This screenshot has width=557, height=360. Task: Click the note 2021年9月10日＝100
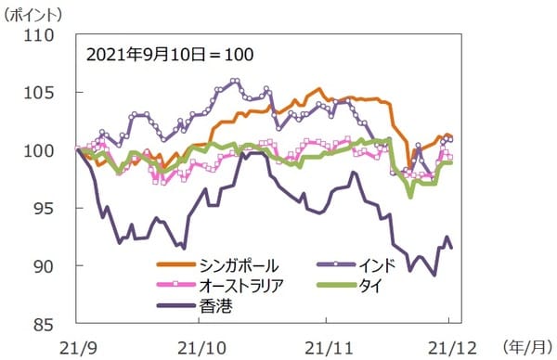169,54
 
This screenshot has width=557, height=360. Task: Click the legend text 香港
215,304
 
